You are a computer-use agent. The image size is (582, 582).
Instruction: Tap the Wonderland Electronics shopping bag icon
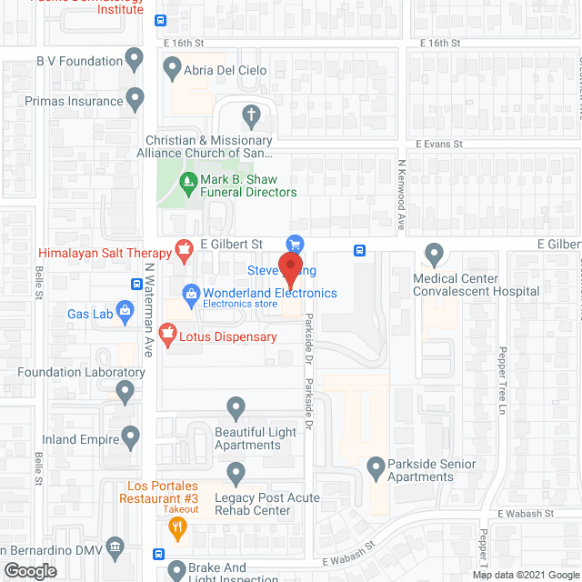(x=191, y=293)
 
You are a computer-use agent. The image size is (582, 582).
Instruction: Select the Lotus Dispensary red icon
(x=167, y=336)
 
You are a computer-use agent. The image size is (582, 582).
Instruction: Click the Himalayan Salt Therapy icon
(x=186, y=246)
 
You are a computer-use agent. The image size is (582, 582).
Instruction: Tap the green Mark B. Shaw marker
(x=187, y=181)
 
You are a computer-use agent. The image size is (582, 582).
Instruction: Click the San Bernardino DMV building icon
(x=115, y=548)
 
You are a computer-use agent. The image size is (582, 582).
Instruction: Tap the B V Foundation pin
(x=135, y=61)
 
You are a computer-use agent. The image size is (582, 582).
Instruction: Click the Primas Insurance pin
(x=135, y=97)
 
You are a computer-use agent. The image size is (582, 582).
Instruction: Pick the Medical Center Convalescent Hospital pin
(x=434, y=255)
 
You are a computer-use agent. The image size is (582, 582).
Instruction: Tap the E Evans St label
(x=439, y=144)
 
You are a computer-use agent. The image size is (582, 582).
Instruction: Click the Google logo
(x=29, y=570)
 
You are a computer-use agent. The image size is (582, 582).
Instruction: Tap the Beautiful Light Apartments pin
(x=236, y=406)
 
